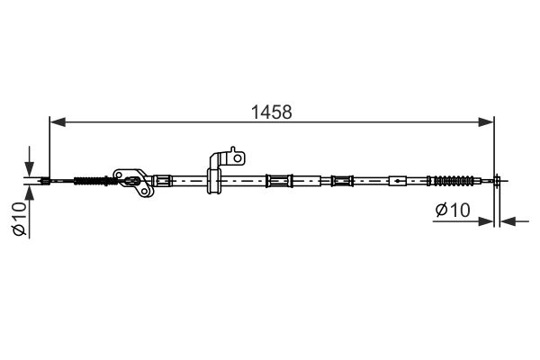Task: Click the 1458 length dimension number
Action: [x=272, y=112]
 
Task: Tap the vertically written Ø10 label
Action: [x=20, y=219]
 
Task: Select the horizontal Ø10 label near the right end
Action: [x=453, y=210]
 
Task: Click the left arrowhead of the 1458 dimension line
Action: [x=58, y=122]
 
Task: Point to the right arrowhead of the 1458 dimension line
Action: [x=486, y=122]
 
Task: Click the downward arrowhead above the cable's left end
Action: [x=30, y=169]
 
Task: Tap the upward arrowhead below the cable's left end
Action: [x=30, y=193]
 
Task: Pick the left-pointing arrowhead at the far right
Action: [x=508, y=221]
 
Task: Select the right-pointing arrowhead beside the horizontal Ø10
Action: [x=486, y=221]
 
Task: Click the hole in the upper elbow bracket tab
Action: [x=238, y=158]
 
